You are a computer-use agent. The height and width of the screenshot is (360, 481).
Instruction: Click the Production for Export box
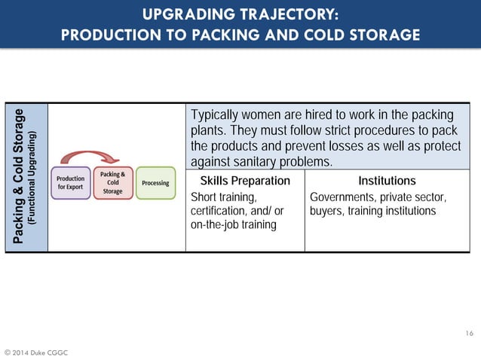[x=71, y=183]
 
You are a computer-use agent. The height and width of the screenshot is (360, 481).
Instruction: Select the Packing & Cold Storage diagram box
[x=113, y=183]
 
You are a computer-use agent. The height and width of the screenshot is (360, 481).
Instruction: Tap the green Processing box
[x=155, y=183]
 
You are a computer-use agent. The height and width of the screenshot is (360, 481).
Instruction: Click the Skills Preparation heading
[x=245, y=181]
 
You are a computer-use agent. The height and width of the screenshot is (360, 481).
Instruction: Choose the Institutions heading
[x=387, y=181]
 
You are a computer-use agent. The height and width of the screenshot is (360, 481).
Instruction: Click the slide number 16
[x=468, y=332]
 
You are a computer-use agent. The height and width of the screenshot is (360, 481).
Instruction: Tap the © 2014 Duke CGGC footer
[x=37, y=351]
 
